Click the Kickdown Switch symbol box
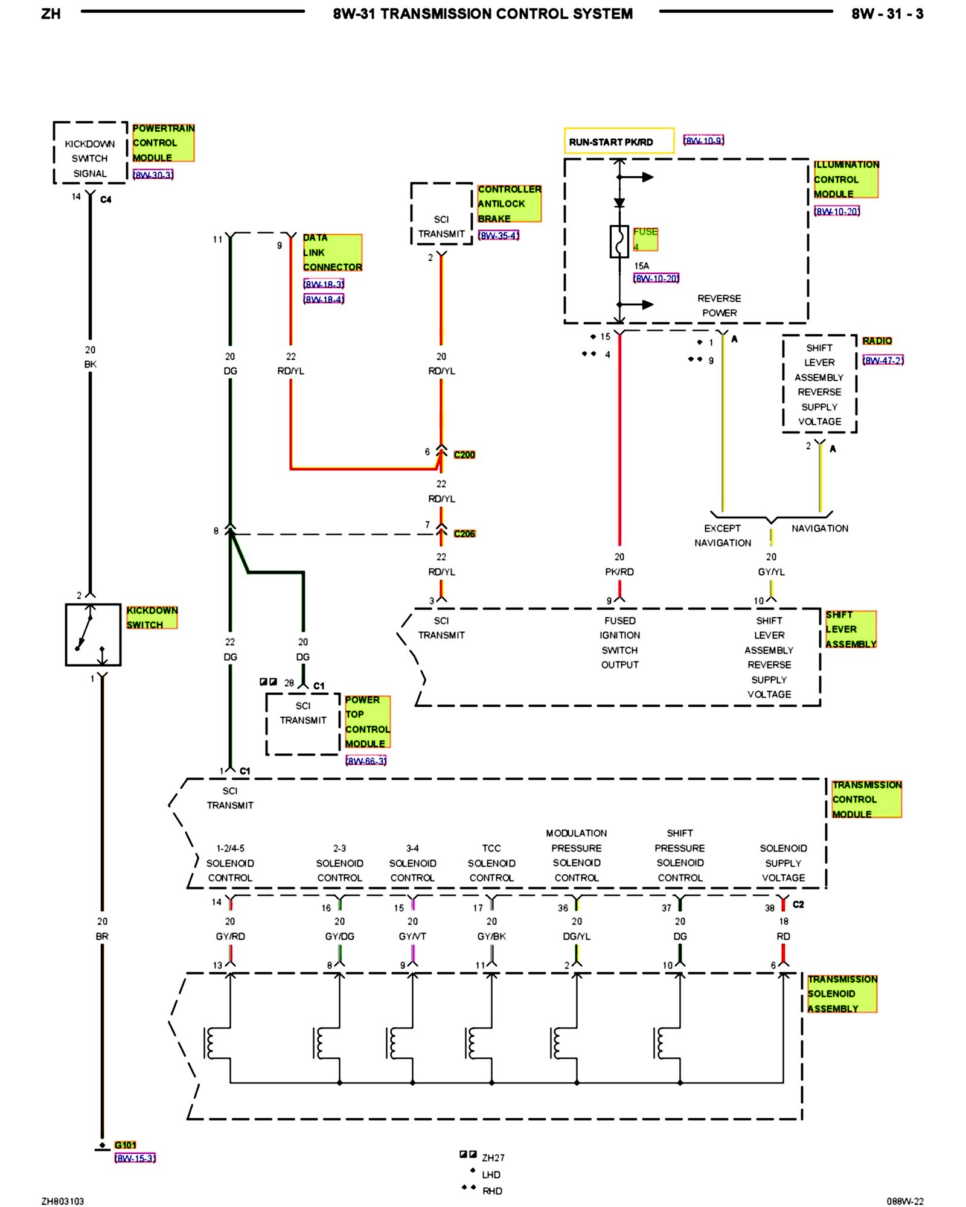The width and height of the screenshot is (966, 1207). click(x=93, y=634)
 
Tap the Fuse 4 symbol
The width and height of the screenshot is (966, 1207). click(x=619, y=241)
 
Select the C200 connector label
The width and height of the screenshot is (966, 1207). click(x=464, y=454)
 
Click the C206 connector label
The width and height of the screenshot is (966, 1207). click(x=464, y=533)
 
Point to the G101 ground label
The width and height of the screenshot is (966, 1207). click(x=126, y=1145)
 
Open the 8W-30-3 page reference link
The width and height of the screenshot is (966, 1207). click(x=153, y=174)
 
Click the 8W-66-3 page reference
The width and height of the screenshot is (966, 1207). click(x=366, y=760)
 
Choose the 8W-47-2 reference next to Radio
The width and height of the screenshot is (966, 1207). click(x=883, y=360)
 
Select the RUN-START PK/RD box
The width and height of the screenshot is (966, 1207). click(x=619, y=141)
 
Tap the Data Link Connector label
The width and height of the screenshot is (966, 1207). click(x=333, y=252)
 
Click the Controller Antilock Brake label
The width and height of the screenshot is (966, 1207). click(x=510, y=203)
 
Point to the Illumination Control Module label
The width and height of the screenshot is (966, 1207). click(x=846, y=179)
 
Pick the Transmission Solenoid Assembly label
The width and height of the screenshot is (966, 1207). click(x=842, y=994)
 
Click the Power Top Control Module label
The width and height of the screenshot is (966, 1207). click(x=368, y=722)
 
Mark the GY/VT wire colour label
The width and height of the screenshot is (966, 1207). click(x=412, y=936)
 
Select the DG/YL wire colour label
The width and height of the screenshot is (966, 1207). click(x=577, y=936)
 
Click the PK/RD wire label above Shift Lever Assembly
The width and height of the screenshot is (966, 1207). click(x=619, y=572)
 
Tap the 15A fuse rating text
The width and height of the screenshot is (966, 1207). click(x=642, y=266)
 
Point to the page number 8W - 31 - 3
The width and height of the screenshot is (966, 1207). click(x=888, y=14)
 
